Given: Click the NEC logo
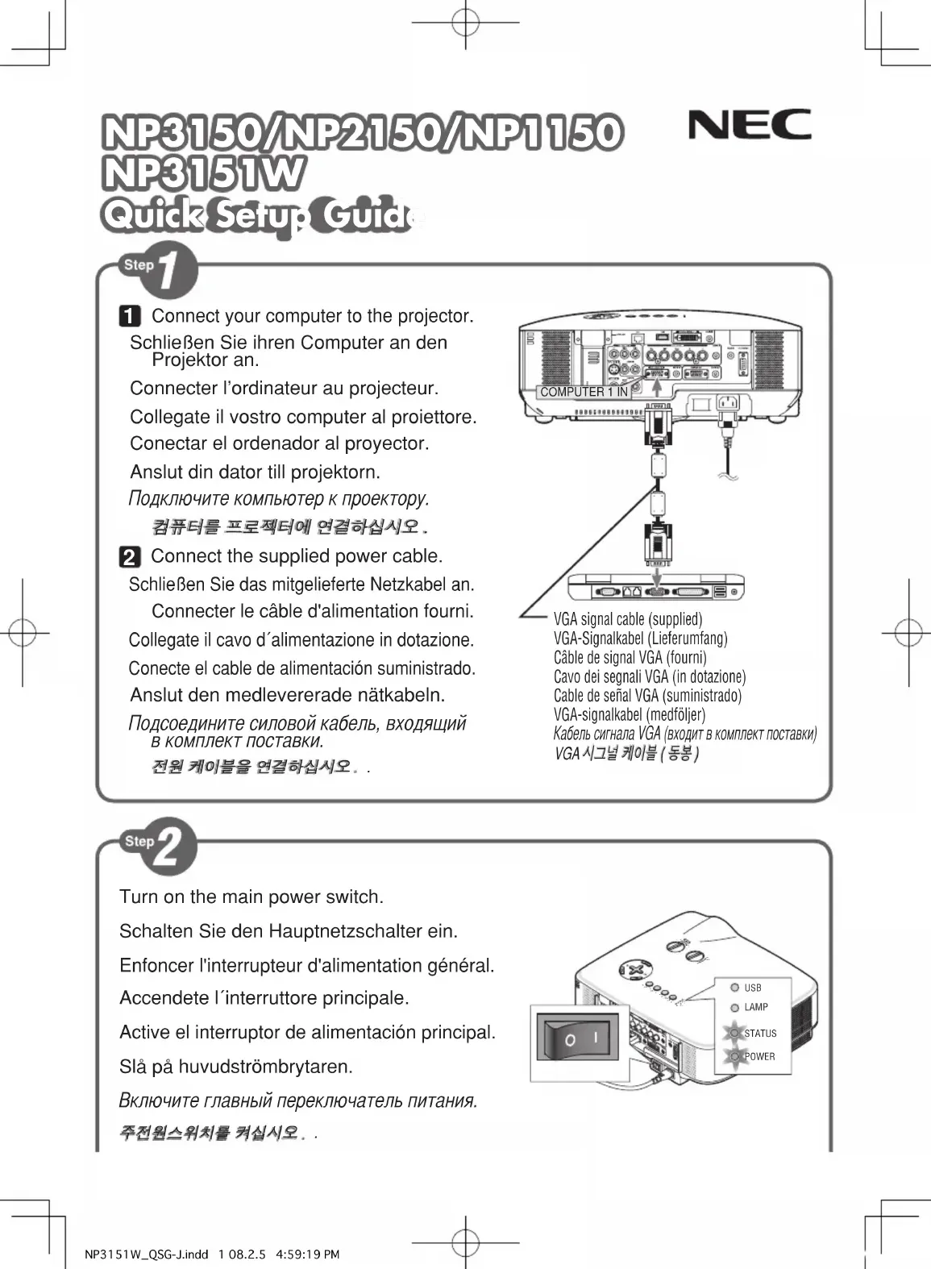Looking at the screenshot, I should (x=749, y=125).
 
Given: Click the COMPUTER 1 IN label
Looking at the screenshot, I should (x=584, y=392).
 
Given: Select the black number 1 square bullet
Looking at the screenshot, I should (x=130, y=316).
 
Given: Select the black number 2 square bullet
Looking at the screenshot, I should (x=129, y=557).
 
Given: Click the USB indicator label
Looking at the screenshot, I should (x=752, y=988).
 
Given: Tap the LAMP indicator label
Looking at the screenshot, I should (x=755, y=1007).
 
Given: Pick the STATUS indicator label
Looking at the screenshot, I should (x=759, y=1034).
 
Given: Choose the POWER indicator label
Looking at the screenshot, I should (x=759, y=1056).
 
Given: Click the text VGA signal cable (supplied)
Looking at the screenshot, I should (x=628, y=619).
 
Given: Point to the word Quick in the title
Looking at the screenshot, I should (x=151, y=215).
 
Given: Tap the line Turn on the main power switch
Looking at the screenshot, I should (x=251, y=897).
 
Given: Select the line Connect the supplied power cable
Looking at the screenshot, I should (x=297, y=556).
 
